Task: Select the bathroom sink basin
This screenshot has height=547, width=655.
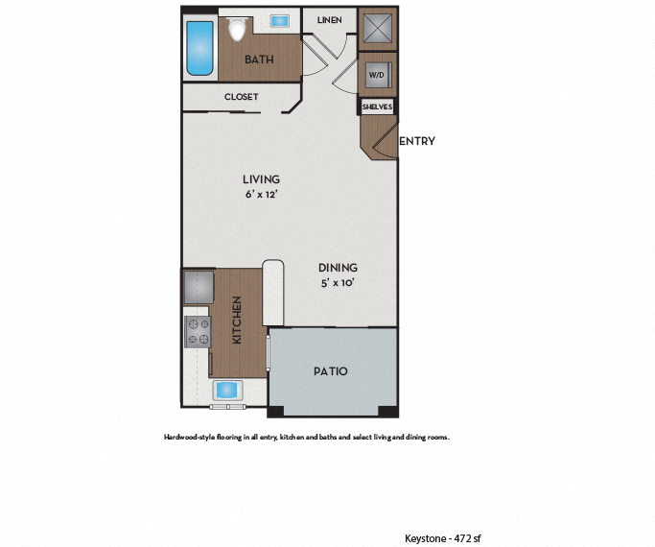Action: click(x=281, y=20)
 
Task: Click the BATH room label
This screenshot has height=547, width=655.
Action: click(x=259, y=59)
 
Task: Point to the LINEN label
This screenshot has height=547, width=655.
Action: click(x=329, y=19)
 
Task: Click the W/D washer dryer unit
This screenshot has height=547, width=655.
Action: click(x=376, y=74)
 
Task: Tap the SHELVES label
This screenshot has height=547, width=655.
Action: click(x=377, y=107)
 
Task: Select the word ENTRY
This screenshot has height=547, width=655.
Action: click(x=416, y=141)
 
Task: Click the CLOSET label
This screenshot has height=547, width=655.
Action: click(x=241, y=97)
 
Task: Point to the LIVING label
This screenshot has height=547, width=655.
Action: click(x=261, y=179)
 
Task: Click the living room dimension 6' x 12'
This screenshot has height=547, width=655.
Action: click(x=261, y=194)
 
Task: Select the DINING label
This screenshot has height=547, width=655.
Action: click(x=338, y=268)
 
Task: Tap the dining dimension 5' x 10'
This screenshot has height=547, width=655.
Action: click(x=338, y=283)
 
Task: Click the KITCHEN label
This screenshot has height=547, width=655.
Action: click(x=236, y=320)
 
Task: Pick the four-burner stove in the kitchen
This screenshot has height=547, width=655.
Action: click(x=198, y=331)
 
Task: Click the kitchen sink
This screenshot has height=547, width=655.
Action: click(x=227, y=390)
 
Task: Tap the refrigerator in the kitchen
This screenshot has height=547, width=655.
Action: click(x=198, y=287)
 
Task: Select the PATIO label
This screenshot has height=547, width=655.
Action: click(x=331, y=371)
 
